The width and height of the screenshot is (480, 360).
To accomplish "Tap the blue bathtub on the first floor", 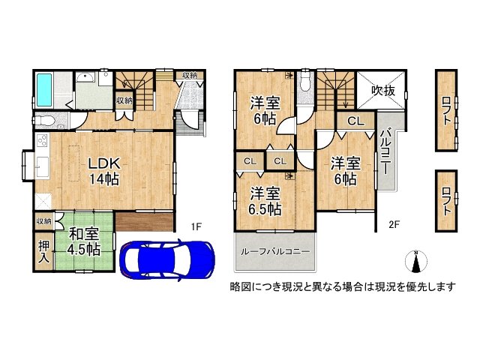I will (x=43, y=89).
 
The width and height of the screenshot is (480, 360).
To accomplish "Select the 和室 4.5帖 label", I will (x=81, y=242).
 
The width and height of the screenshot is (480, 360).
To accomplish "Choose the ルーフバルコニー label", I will (x=274, y=251).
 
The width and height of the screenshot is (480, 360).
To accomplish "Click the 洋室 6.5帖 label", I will (x=265, y=200).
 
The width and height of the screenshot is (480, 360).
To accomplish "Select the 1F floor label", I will (x=196, y=226).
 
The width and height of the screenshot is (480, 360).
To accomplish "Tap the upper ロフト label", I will (x=445, y=110).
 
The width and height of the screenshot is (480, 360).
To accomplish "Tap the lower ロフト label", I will (x=445, y=203).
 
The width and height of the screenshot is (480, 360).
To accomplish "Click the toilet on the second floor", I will (x=304, y=84).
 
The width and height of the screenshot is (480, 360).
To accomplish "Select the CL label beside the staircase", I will (x=355, y=120).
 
